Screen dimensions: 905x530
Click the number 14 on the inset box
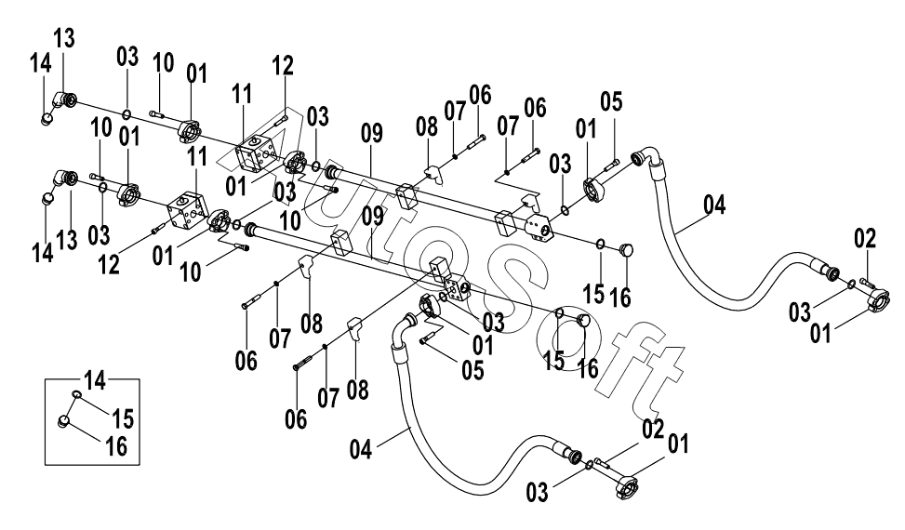pos(95,380)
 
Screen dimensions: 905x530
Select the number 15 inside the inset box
pos(123,418)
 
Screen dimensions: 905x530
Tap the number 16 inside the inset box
pos(116,446)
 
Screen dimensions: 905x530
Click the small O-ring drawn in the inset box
pos(75,394)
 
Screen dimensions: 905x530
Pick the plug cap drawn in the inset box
pos(64,422)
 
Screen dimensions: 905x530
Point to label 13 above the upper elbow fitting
pos(64,39)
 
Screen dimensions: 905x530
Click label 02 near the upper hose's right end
pos(865,238)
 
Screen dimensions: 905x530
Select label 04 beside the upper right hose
pos(714,205)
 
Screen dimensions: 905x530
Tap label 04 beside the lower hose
pos(361,450)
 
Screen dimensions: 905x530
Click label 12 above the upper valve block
pos(283,66)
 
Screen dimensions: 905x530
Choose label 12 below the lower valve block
pos(109,265)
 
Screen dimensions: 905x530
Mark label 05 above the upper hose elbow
pos(611,102)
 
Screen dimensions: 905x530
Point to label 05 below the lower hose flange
pos(472,371)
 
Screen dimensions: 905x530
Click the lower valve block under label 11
pos(187,212)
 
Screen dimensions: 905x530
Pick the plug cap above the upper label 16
pos(626,250)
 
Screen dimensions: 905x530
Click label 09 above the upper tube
pos(372,133)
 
